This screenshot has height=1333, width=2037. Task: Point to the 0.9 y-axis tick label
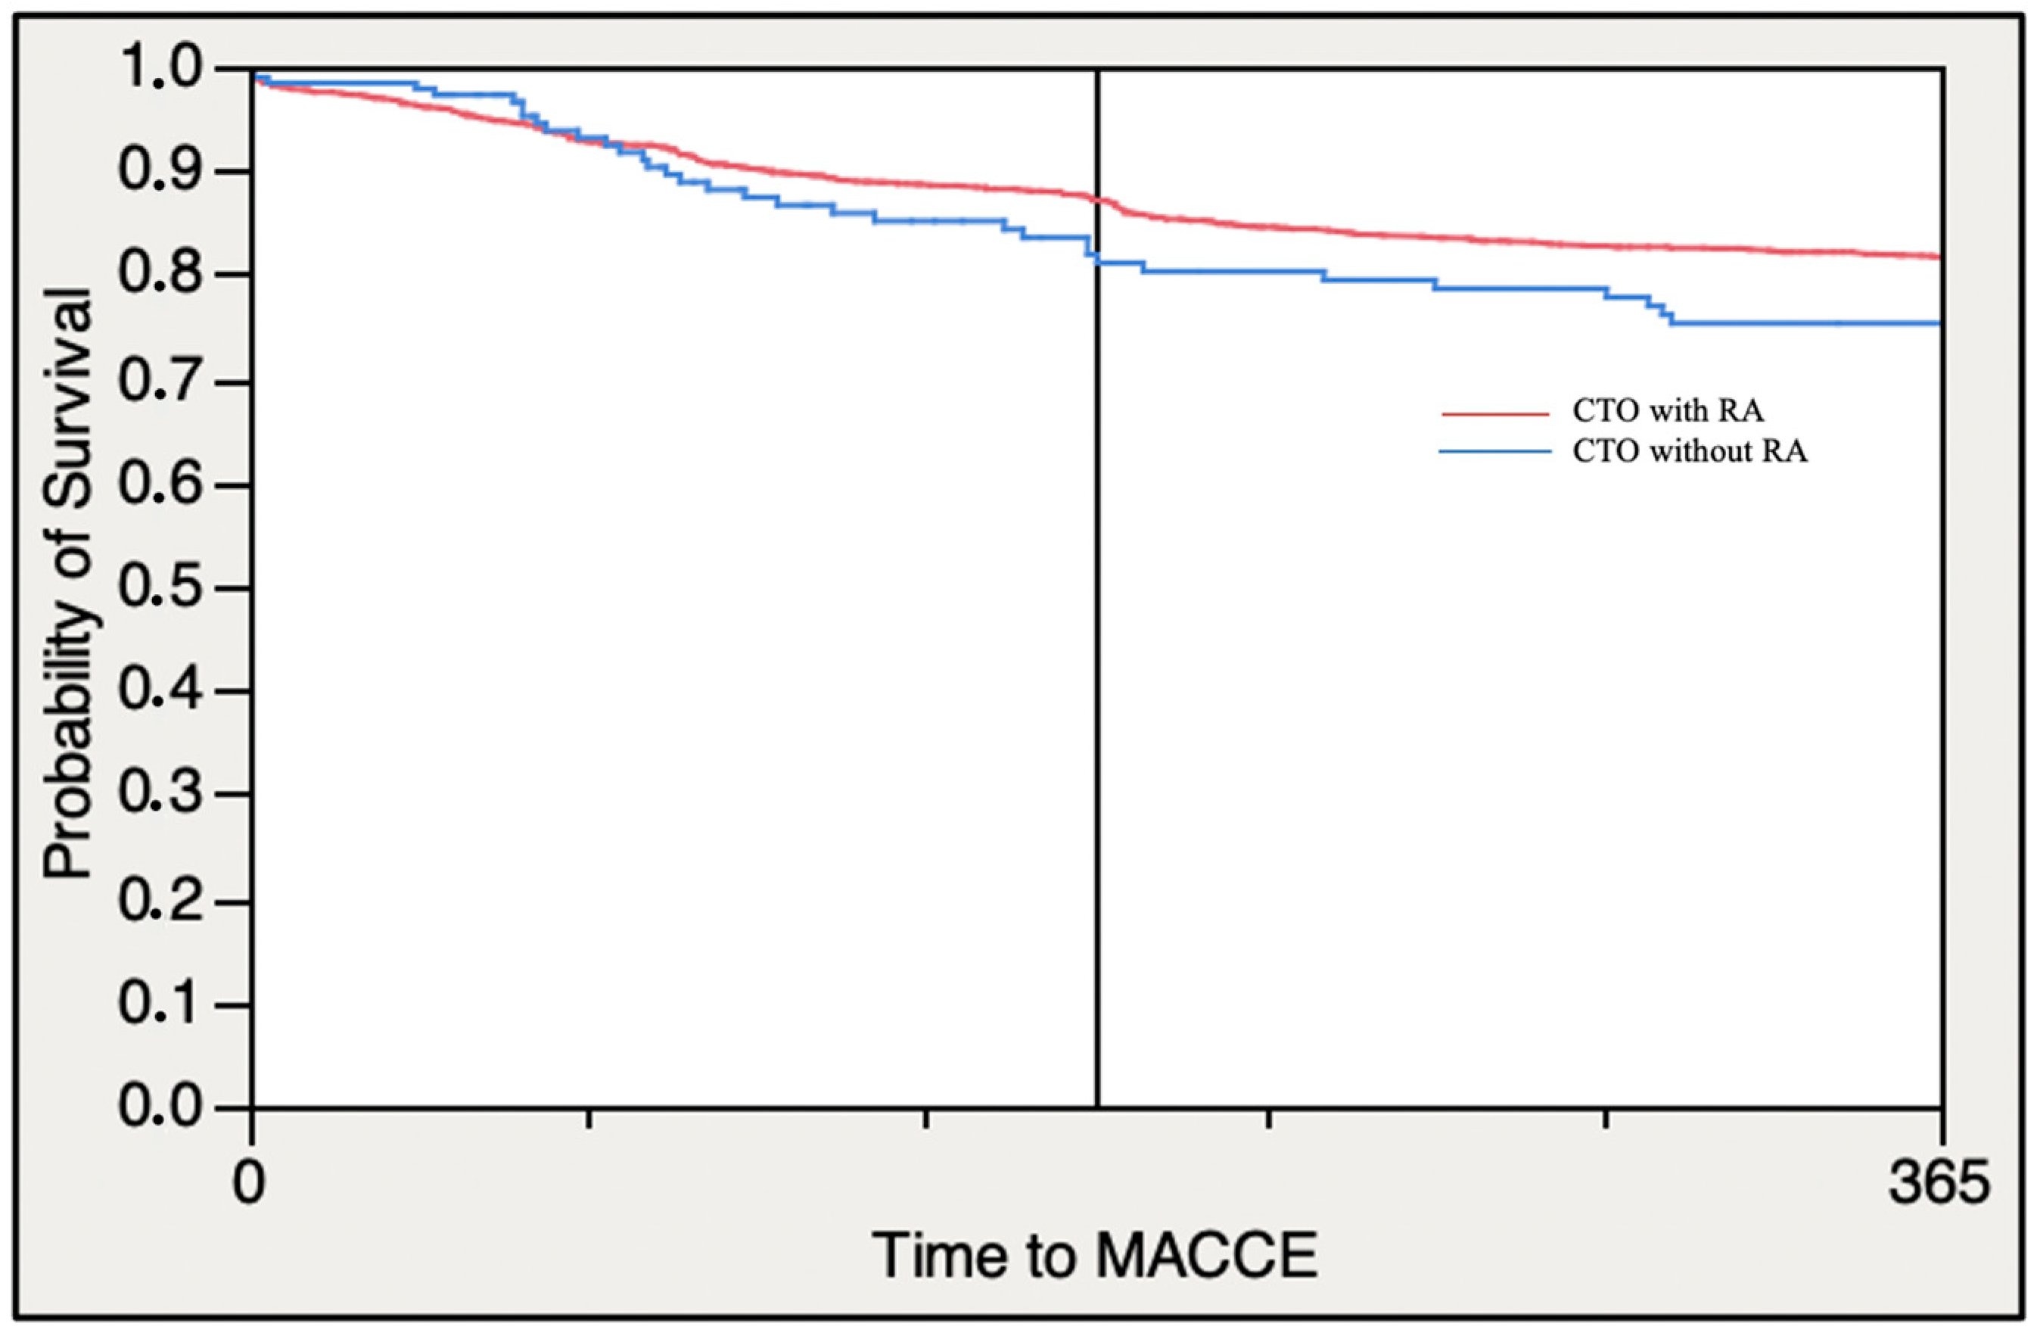[161, 171]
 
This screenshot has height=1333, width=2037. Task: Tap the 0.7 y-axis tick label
[161, 381]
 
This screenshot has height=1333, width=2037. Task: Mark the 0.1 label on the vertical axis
[161, 1004]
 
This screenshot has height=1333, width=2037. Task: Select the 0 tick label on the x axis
[249, 1184]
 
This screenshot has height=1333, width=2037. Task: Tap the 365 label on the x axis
[1939, 1184]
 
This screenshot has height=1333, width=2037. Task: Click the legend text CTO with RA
[1667, 411]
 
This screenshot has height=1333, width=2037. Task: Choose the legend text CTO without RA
[1690, 451]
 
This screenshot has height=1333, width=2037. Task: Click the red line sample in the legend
[1495, 414]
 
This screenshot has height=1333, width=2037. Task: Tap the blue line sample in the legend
[1495, 451]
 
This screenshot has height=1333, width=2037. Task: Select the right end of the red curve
[1937, 256]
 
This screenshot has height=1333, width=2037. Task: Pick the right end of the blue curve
[1937, 322]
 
